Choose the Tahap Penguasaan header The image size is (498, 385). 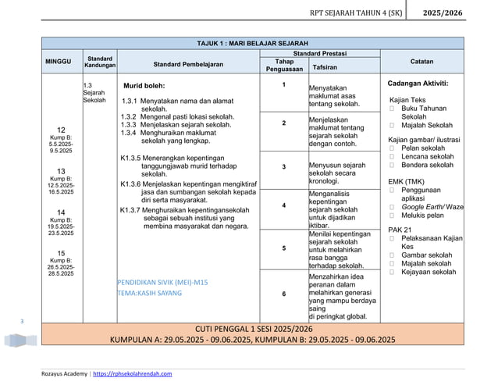pos(283,65)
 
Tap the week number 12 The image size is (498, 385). pos(61,129)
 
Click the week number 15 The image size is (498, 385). pos(61,253)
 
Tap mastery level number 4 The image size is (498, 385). pos(283,205)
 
